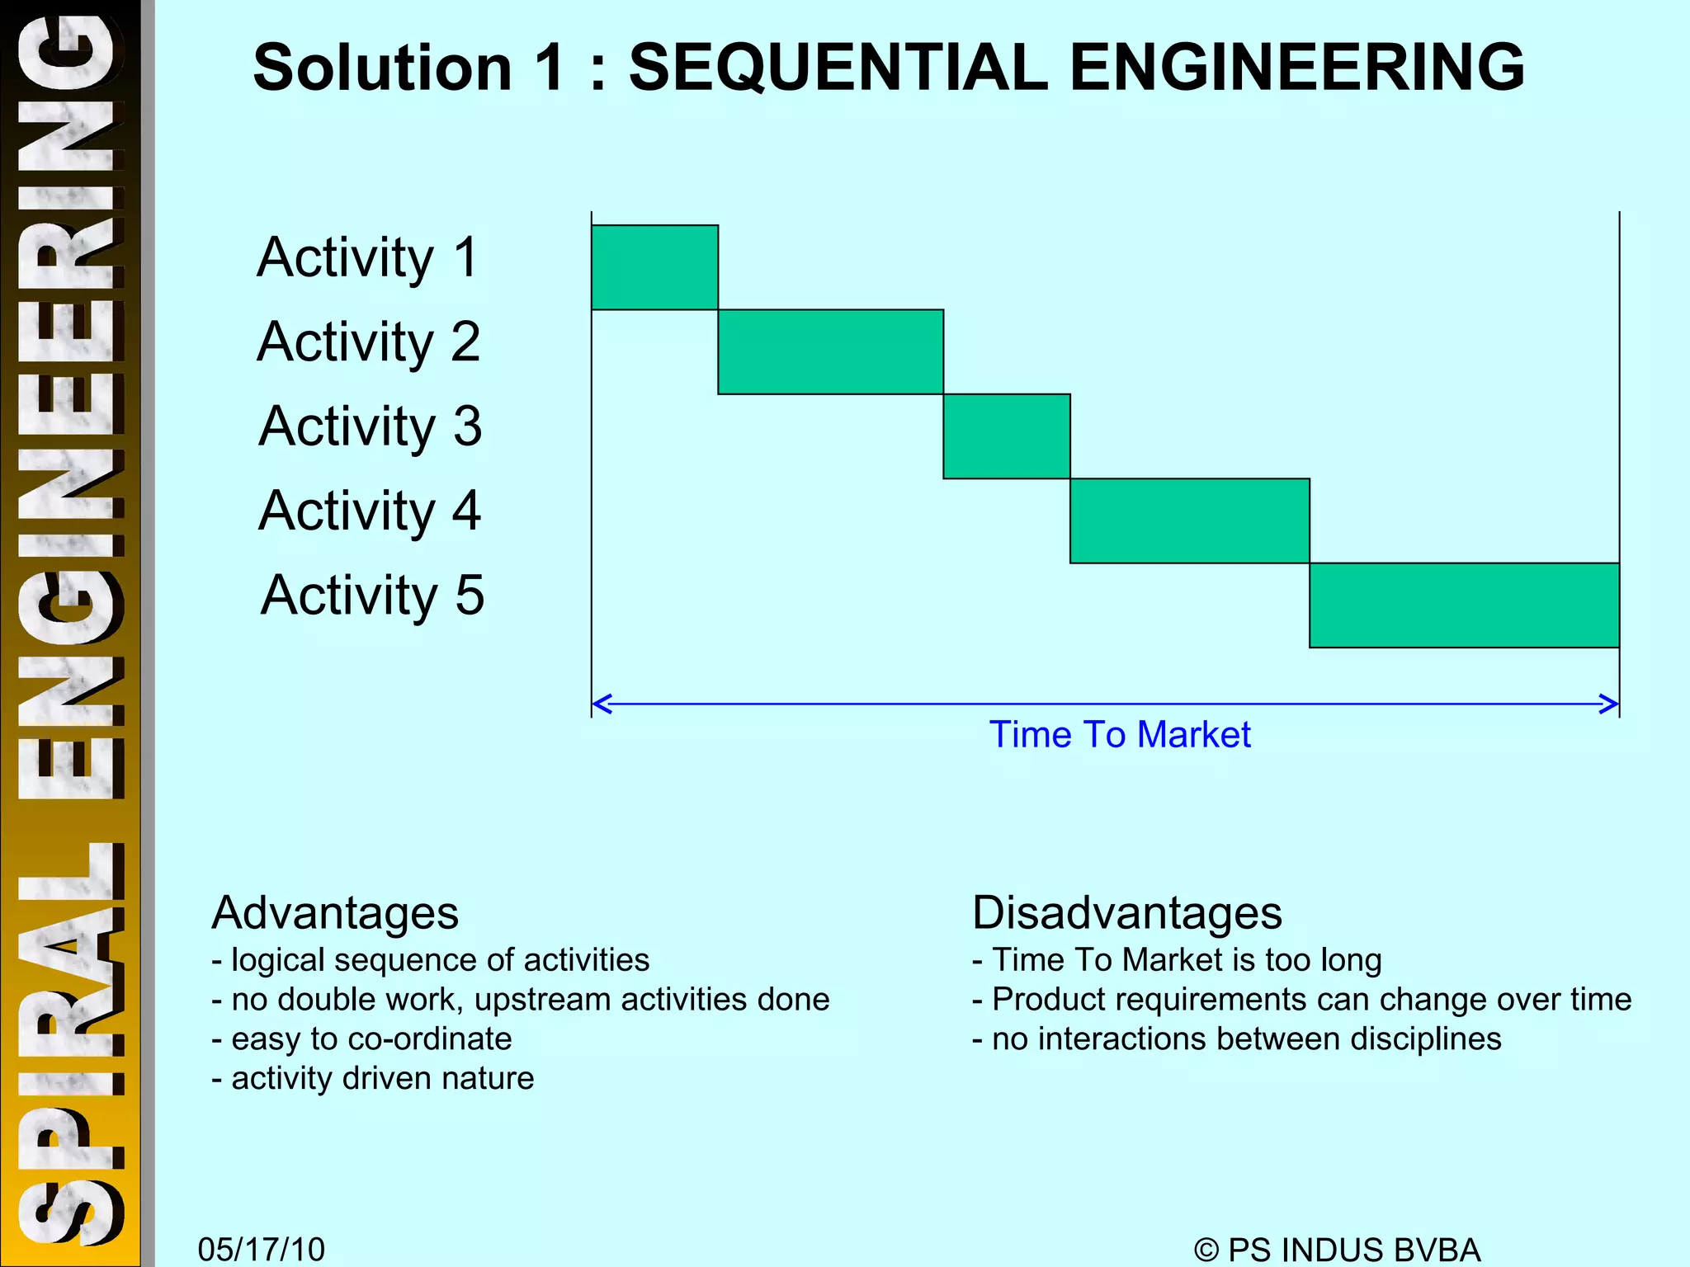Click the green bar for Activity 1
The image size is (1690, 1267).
tap(654, 267)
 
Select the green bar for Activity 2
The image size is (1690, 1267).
tap(830, 352)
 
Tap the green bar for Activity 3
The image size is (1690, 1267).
tap(1007, 436)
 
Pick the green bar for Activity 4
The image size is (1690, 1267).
tap(1189, 521)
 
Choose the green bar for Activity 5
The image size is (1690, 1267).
tap(1464, 605)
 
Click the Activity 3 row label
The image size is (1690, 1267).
tap(370, 426)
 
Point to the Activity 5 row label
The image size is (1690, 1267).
tap(372, 595)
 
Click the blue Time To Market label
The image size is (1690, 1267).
tap(1120, 734)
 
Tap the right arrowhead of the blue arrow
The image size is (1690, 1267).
tap(1609, 704)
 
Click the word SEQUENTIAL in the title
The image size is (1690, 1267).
tap(838, 68)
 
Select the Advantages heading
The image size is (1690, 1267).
tap(334, 912)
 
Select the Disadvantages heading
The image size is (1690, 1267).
tap(1126, 912)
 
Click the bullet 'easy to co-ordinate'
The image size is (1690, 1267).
tap(361, 1039)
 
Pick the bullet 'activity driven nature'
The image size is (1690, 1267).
tap(373, 1078)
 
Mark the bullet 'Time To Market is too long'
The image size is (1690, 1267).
tap(1177, 960)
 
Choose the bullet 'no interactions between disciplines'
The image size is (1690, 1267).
tap(1236, 1039)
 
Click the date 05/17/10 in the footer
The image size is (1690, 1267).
tap(262, 1249)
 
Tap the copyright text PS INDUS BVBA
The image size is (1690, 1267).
tap(1337, 1250)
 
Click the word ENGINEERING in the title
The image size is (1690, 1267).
tap(1296, 68)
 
